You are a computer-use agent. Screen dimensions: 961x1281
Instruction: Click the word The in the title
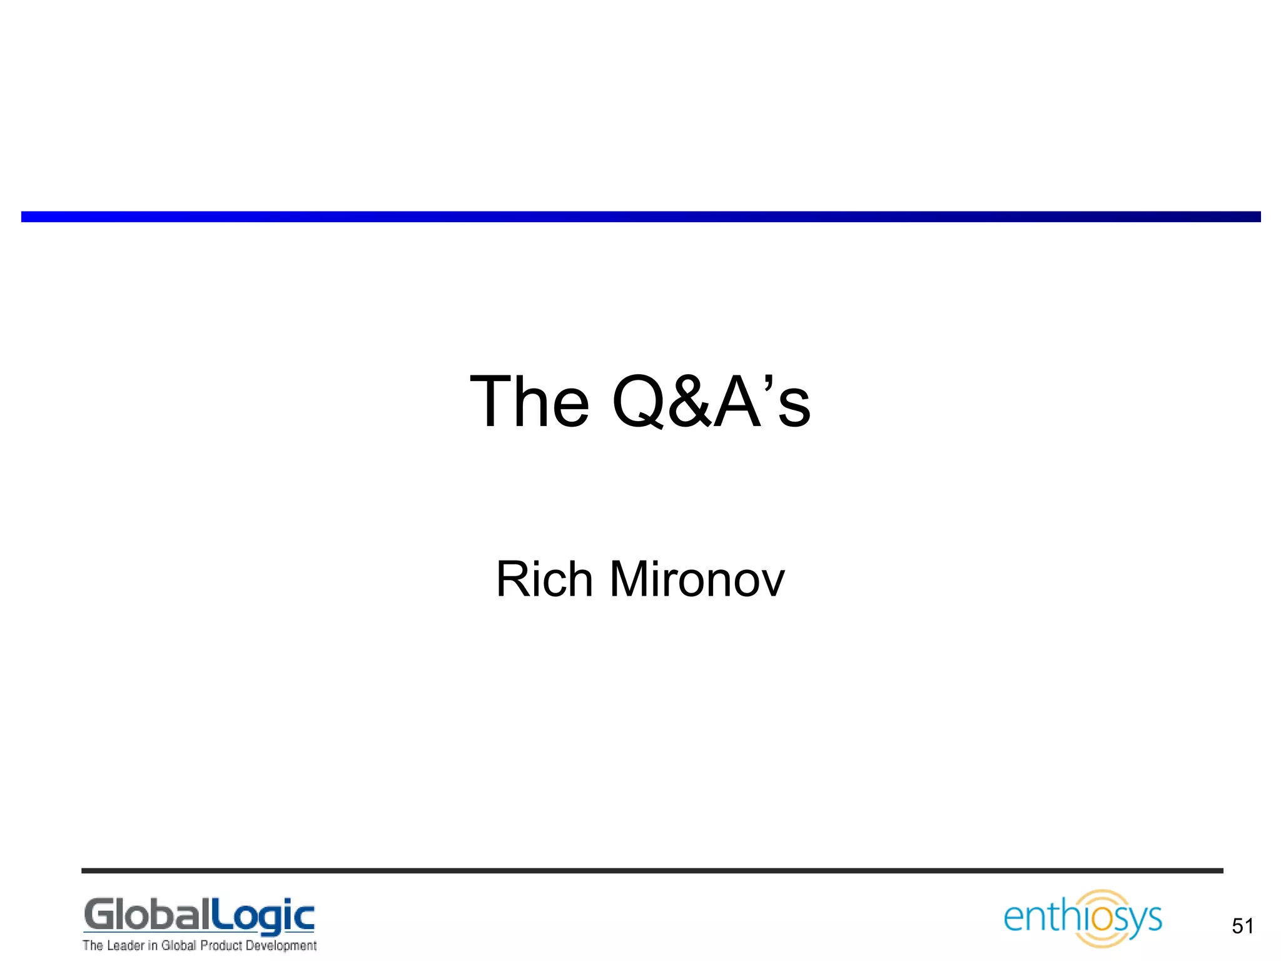click(x=529, y=402)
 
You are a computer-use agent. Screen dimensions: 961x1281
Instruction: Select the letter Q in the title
click(x=637, y=403)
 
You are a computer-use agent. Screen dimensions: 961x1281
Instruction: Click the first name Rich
click(x=544, y=579)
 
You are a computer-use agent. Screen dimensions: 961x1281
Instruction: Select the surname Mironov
click(x=696, y=579)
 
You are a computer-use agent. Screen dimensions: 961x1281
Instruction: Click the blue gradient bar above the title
click(x=640, y=216)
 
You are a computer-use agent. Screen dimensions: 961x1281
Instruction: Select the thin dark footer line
click(x=652, y=870)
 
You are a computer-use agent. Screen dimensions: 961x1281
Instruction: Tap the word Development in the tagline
click(x=281, y=945)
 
